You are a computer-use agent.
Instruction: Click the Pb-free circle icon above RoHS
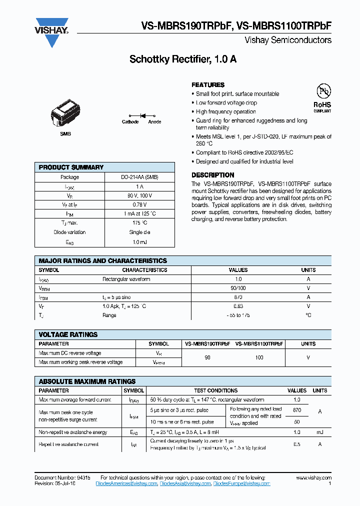click(x=322, y=91)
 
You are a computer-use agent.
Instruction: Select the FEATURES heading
click(x=208, y=85)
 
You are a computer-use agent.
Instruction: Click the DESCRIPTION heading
click(x=212, y=175)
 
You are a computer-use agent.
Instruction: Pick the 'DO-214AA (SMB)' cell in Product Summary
click(x=139, y=177)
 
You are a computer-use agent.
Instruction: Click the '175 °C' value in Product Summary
click(x=139, y=223)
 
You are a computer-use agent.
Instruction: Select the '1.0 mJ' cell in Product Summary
click(x=139, y=241)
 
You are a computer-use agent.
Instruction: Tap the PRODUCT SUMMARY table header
click(x=71, y=167)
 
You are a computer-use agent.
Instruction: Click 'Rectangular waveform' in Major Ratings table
click(x=126, y=279)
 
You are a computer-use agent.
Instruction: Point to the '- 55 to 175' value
click(x=238, y=315)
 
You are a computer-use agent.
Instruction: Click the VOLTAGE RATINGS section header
click(x=68, y=334)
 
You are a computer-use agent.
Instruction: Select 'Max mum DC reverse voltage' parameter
click(x=70, y=353)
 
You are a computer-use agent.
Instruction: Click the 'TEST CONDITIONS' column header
click(x=215, y=390)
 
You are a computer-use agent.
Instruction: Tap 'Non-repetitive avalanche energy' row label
click(x=73, y=432)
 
